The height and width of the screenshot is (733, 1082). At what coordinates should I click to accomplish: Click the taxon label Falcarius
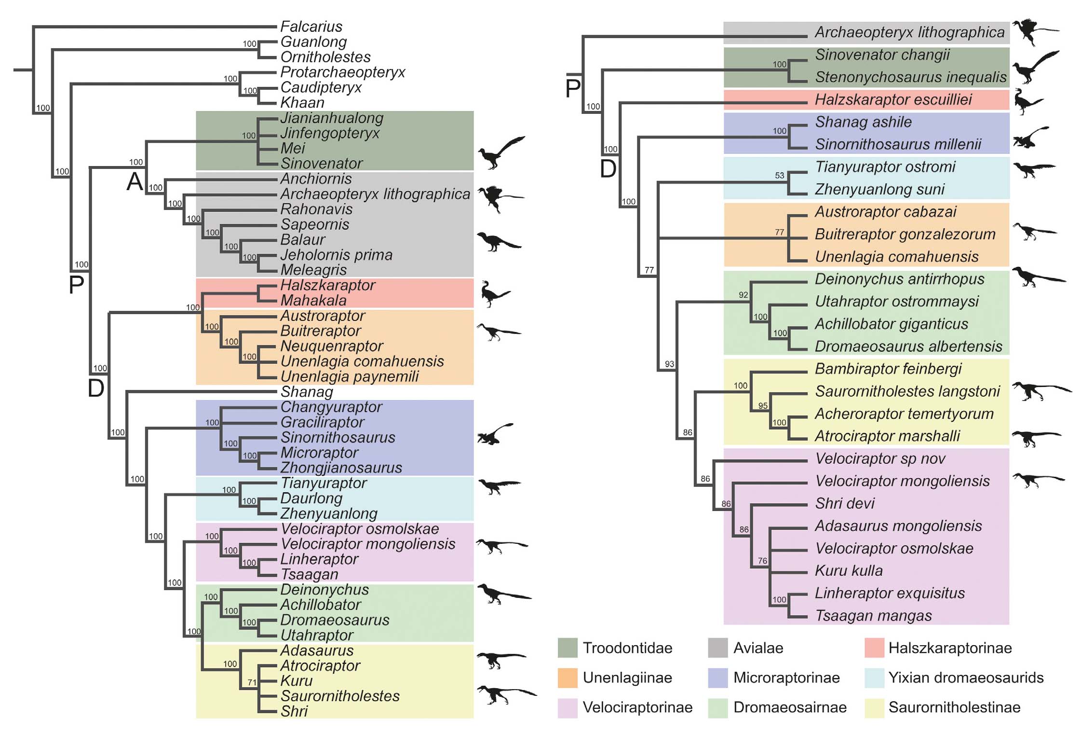(311, 27)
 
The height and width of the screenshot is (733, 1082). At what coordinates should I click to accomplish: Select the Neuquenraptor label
(332, 346)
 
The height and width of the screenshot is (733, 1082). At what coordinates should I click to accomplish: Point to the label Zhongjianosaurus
(341, 468)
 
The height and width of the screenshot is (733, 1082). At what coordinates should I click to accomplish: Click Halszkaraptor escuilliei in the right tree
(893, 100)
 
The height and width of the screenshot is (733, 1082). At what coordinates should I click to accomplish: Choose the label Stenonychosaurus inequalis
(910, 77)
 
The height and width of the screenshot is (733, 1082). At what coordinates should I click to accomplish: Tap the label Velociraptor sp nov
(880, 458)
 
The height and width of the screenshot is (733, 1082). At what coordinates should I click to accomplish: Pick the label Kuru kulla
(849, 571)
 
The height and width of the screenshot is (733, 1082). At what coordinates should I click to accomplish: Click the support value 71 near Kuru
(252, 682)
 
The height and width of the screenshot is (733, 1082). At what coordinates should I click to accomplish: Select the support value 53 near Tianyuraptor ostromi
(779, 176)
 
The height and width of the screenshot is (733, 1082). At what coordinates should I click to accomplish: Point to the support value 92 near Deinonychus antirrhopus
(743, 295)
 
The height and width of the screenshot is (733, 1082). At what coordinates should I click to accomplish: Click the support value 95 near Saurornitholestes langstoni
(762, 406)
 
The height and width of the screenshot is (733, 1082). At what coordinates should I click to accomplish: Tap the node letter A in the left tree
(135, 182)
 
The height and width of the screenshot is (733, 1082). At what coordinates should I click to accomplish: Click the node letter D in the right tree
(608, 169)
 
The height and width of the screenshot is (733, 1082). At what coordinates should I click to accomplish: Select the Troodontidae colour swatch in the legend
(568, 648)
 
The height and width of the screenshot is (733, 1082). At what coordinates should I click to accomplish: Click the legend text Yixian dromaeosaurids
(966, 678)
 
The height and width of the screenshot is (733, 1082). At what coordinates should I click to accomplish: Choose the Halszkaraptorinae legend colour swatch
(874, 648)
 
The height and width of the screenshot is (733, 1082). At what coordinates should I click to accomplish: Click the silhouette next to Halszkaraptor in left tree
(495, 293)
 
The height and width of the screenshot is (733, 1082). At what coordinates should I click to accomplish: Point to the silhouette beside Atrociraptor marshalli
(1035, 438)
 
